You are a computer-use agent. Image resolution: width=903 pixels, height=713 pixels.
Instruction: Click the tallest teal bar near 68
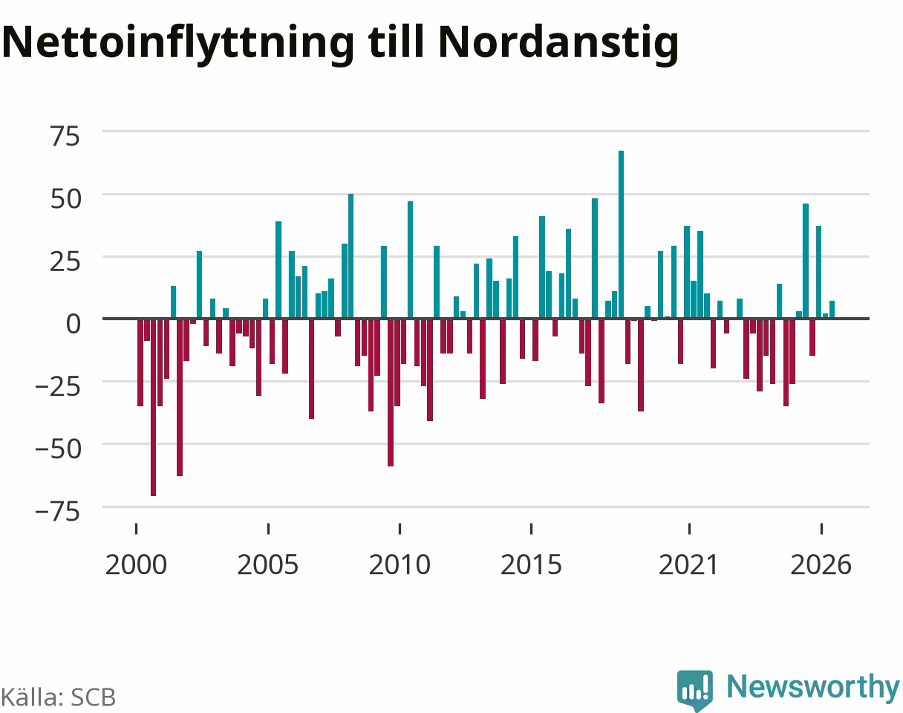point(621,234)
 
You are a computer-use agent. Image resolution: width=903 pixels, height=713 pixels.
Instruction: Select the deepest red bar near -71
point(153,408)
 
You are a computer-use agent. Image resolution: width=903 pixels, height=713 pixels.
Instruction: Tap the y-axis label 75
point(65,137)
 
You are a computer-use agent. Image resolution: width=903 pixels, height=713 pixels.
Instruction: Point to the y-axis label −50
point(59,449)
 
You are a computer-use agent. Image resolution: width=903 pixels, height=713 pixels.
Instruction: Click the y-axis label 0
point(74,325)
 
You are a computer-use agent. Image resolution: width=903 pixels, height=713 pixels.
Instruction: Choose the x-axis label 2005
point(268,565)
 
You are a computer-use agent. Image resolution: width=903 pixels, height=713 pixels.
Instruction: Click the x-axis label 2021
point(688,565)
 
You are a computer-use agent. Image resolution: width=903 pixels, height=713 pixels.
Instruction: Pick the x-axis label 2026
point(821,565)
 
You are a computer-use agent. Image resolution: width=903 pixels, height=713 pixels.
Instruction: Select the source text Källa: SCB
point(58,697)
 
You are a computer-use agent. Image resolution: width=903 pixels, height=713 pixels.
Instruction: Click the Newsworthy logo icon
point(694,689)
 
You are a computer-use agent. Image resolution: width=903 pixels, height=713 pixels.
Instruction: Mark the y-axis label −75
point(59,512)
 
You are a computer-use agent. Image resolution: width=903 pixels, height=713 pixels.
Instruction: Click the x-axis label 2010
point(400,565)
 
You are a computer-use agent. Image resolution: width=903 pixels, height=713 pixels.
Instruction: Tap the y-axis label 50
point(65,199)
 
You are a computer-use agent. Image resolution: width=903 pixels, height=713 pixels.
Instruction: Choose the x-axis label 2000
point(136,565)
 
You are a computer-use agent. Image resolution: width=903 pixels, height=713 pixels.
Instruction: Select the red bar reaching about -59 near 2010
point(391,392)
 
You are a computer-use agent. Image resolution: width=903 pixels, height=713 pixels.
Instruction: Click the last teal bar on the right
point(832,309)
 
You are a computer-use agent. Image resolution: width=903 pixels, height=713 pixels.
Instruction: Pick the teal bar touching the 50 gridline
point(351,256)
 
